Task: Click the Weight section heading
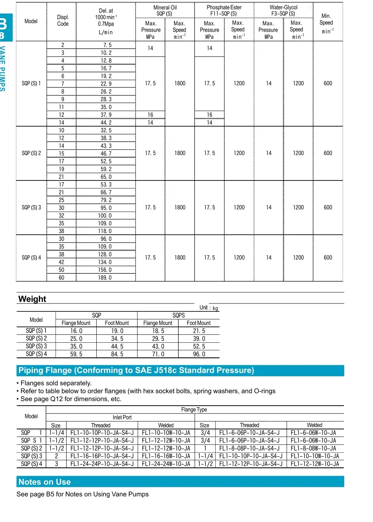(32, 299)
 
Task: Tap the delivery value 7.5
(107, 45)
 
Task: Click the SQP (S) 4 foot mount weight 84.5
(117, 354)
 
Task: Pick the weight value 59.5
(76, 354)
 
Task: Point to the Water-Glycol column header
(283, 10)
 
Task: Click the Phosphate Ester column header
(224, 10)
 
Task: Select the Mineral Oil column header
(165, 10)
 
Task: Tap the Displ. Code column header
(63, 21)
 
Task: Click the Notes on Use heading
(45, 482)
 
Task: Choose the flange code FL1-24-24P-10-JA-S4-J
(102, 464)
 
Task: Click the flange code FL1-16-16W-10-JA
(166, 456)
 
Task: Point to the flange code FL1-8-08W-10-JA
(313, 448)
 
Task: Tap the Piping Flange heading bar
(180, 370)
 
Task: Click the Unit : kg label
(208, 308)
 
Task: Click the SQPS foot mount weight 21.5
(199, 331)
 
